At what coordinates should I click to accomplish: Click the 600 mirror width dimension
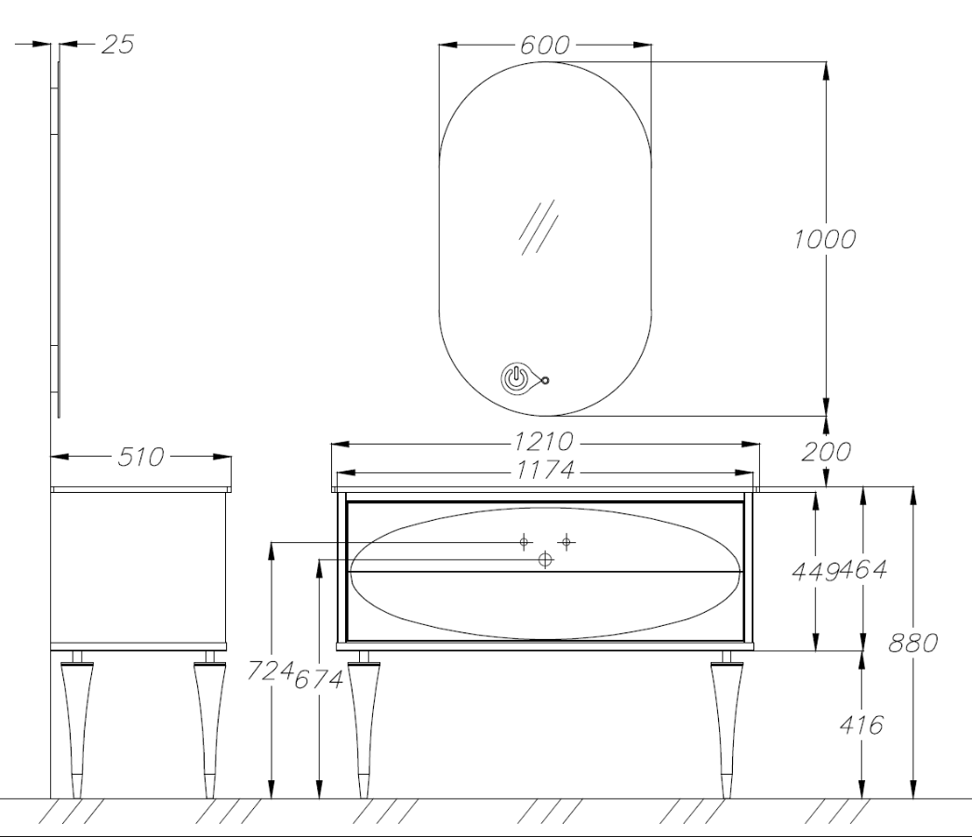[544, 46]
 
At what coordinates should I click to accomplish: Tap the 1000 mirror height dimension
[825, 239]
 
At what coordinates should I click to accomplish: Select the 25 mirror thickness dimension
[118, 45]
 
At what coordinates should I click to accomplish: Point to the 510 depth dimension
[140, 457]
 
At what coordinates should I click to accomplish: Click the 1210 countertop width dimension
[543, 442]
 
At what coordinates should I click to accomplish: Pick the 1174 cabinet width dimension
[545, 471]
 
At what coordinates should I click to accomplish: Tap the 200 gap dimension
[826, 452]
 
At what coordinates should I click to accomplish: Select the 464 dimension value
[863, 569]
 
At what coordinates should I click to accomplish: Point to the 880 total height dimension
[913, 644]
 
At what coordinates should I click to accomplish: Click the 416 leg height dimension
[861, 724]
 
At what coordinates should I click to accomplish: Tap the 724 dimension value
[271, 671]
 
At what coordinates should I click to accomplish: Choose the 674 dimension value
[319, 680]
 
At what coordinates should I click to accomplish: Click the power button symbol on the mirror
[515, 379]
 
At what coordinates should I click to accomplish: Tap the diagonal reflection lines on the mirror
[538, 227]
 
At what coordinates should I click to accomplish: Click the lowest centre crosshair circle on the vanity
[545, 560]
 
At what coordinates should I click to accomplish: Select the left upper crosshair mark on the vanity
[524, 542]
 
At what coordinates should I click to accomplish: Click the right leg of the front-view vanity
[726, 724]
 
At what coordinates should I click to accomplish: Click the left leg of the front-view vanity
[364, 724]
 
